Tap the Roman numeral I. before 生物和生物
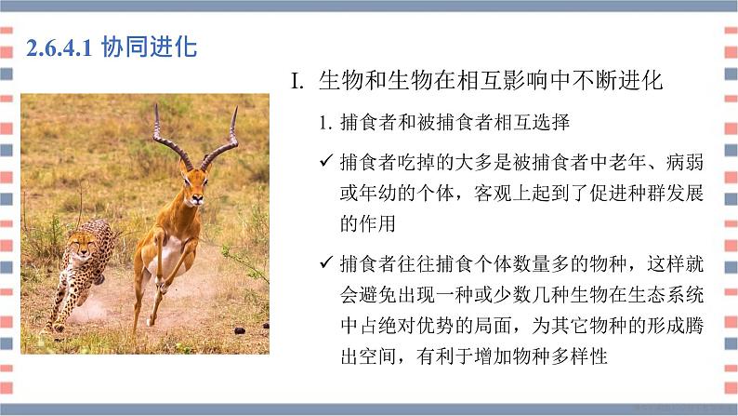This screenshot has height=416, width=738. (x=297, y=81)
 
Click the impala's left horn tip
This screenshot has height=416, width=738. (x=157, y=106)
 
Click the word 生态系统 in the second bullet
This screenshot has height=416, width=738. (x=667, y=294)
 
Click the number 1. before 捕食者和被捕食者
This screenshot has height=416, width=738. (x=325, y=122)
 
